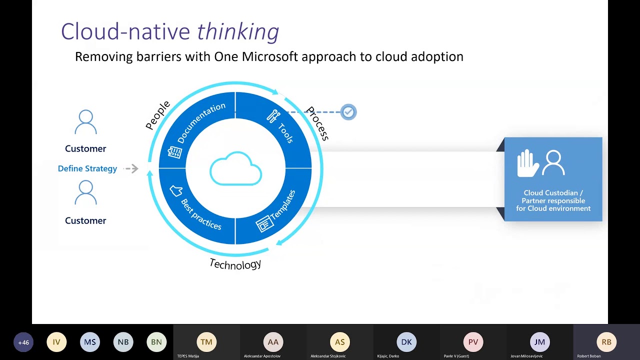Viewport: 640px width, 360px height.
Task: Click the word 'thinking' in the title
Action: tap(238, 32)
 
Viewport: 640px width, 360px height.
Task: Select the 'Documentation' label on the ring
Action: tap(201, 122)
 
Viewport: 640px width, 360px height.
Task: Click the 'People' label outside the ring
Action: tap(157, 115)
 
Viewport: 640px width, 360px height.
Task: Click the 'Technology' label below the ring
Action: tap(235, 264)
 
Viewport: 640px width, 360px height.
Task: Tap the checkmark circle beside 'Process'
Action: tap(348, 112)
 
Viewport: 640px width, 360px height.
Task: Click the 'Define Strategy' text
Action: tap(87, 168)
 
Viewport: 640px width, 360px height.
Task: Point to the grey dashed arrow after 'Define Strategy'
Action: tap(131, 168)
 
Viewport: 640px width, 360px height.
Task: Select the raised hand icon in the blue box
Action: tap(527, 163)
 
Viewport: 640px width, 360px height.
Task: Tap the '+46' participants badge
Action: tap(23, 342)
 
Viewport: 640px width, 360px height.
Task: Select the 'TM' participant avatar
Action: tap(206, 342)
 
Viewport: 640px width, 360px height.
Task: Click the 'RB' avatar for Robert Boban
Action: tap(606, 342)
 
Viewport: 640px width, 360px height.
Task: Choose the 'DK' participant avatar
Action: tap(406, 342)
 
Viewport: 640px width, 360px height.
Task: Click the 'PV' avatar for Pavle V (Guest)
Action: tap(473, 342)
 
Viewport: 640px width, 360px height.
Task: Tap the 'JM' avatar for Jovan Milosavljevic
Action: tap(539, 342)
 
